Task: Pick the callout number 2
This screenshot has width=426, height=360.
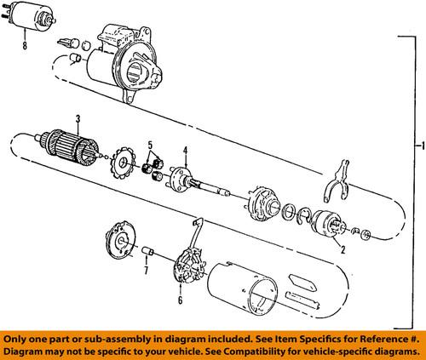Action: [340, 249]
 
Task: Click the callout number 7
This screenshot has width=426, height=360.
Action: [145, 272]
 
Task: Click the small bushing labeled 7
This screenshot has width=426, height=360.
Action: [147, 254]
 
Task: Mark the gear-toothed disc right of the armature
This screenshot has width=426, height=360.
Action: [124, 164]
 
